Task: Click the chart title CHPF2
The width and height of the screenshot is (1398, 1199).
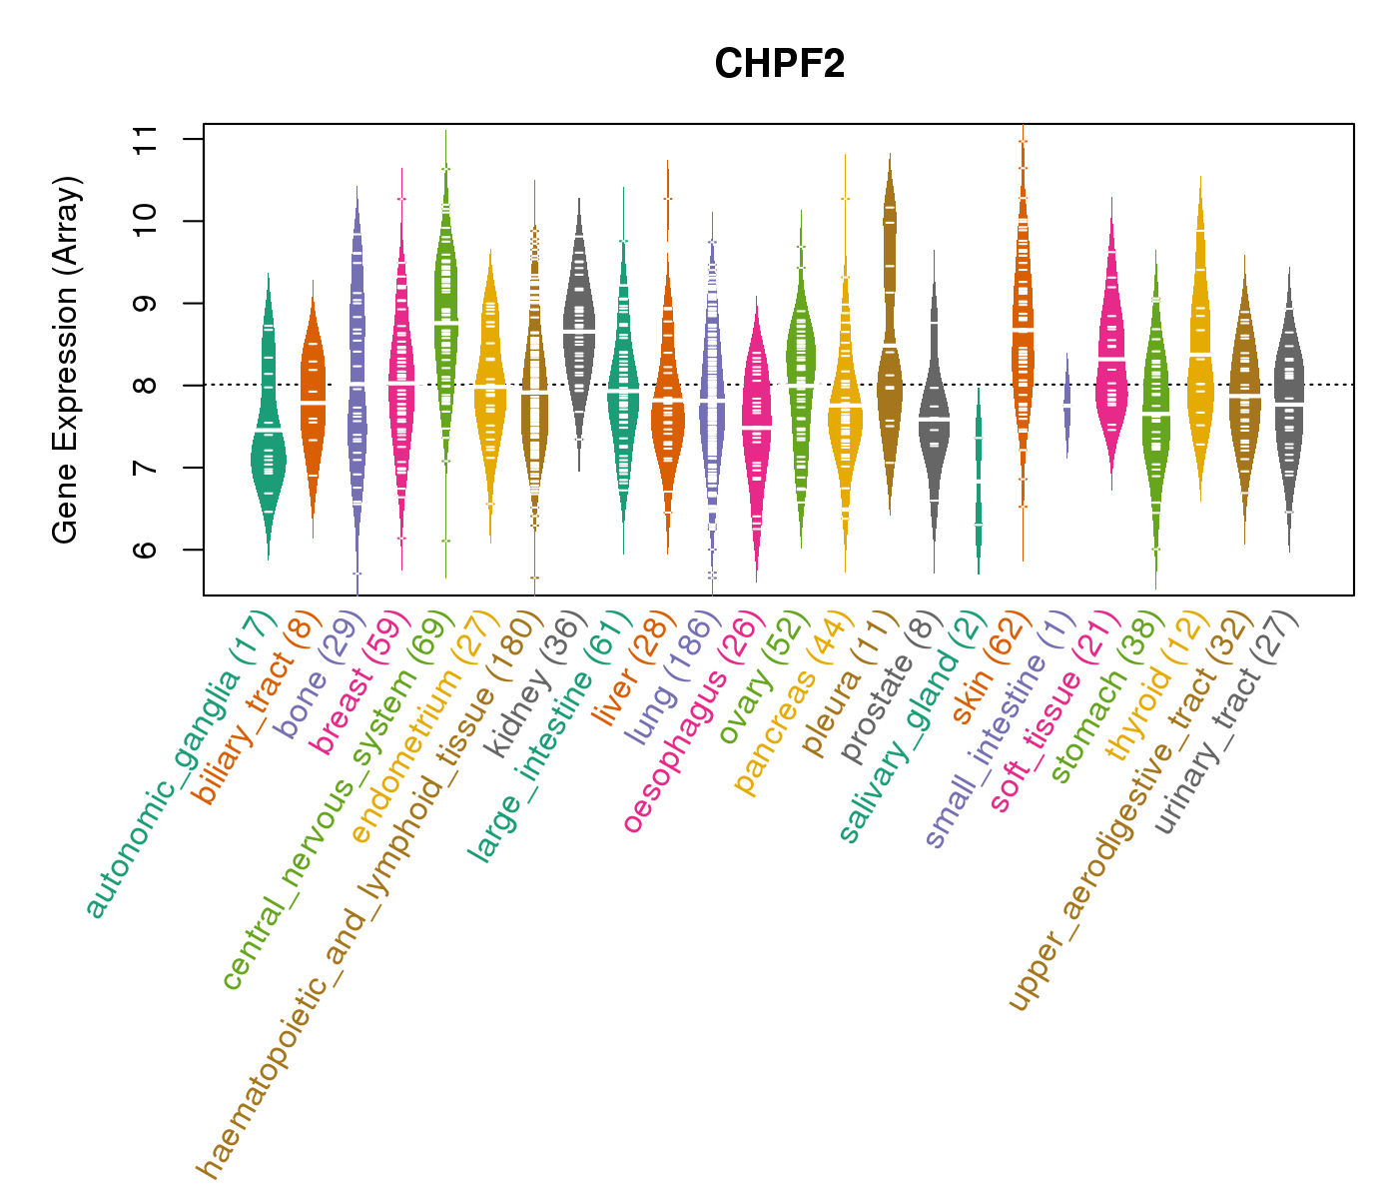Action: coord(779,65)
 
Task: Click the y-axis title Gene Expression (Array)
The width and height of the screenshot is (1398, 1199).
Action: coord(66,360)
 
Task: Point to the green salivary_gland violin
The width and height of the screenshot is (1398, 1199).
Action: coord(979,480)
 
